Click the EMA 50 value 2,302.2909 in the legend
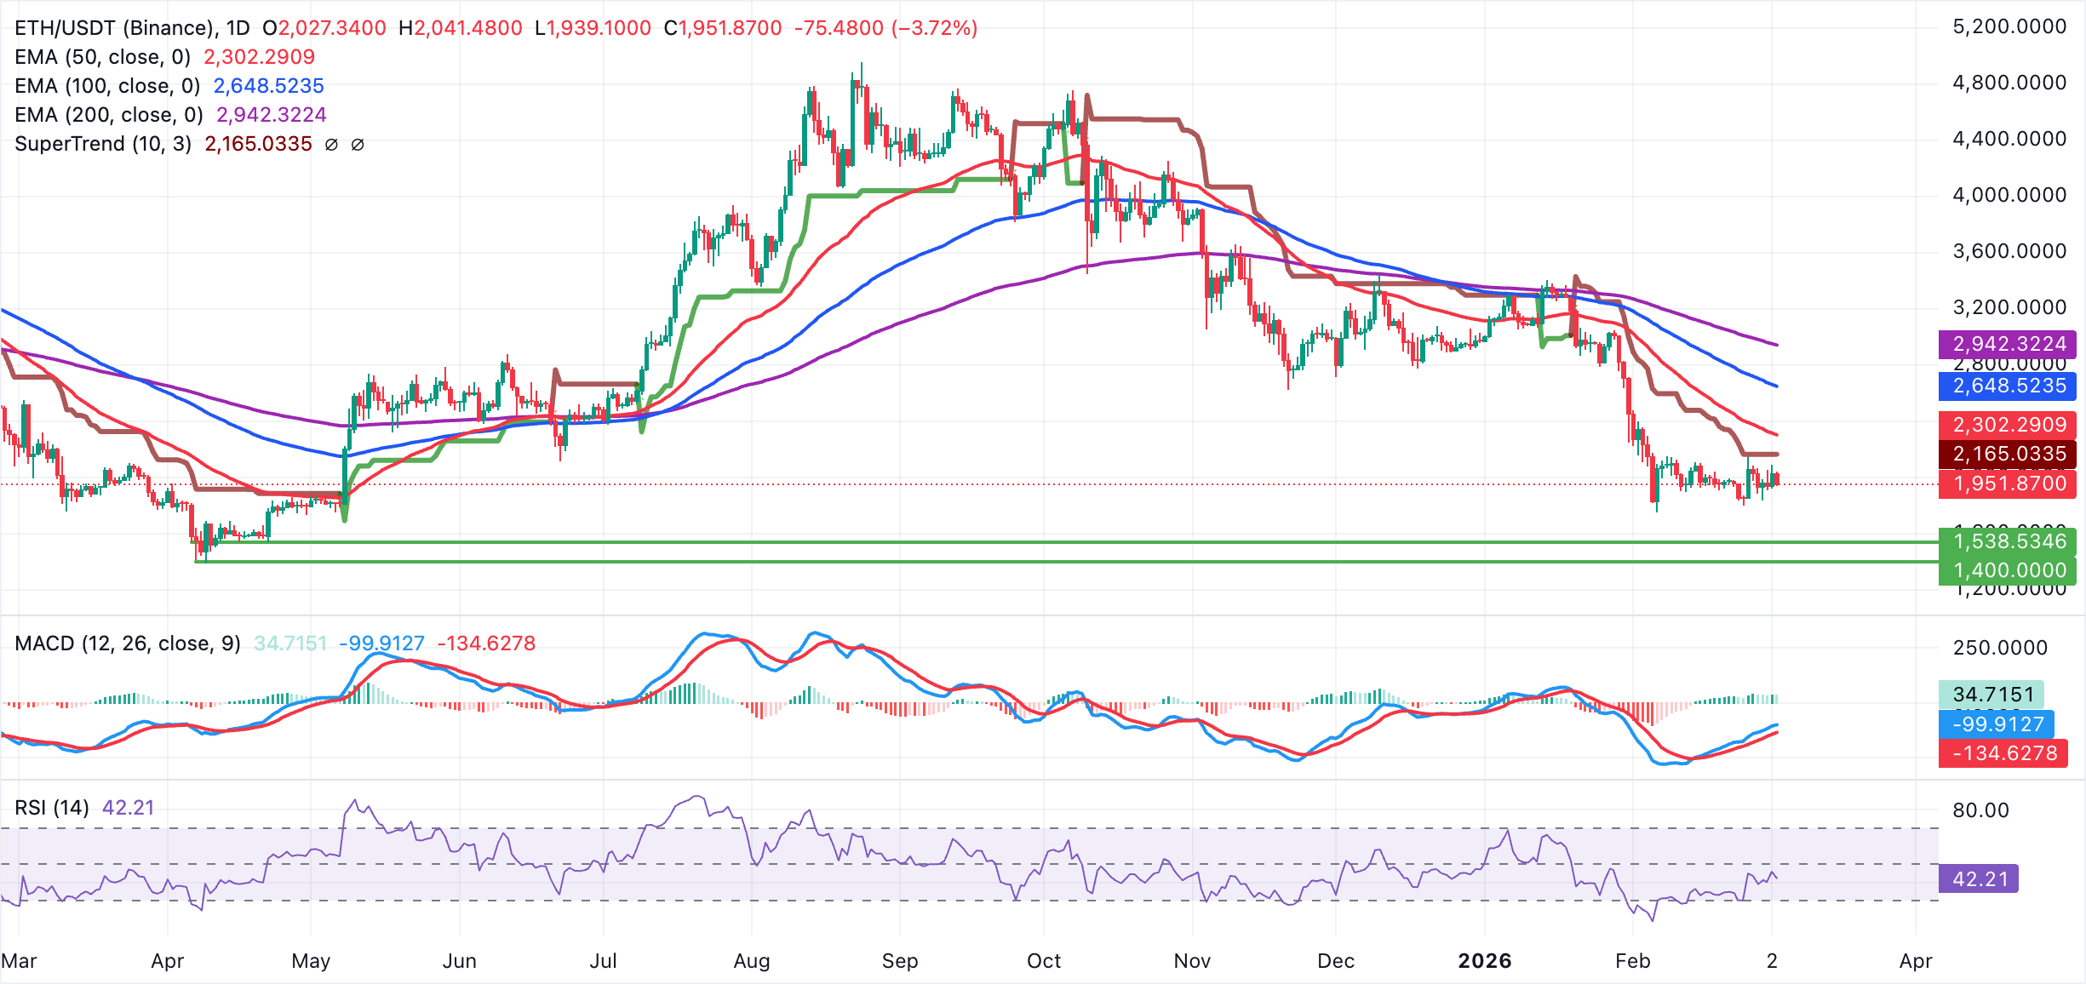(259, 57)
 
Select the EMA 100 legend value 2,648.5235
(268, 86)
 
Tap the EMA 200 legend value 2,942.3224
(271, 115)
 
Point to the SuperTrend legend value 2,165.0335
(258, 144)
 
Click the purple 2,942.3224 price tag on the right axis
(2008, 344)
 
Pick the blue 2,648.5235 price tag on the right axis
(2008, 386)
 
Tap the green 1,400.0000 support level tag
(2008, 570)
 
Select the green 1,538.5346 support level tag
(2008, 541)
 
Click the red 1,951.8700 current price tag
(2008, 483)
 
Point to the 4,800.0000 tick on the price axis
(2009, 83)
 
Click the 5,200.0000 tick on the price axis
(2009, 26)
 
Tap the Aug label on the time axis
(751, 961)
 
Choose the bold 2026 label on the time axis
(1484, 961)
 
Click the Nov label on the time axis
(1191, 961)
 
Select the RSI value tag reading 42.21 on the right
(1980, 878)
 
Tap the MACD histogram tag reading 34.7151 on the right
(1992, 695)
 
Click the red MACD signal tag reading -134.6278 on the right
(2003, 753)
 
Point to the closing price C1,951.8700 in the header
(723, 28)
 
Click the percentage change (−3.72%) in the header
(934, 28)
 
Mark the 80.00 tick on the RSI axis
(1980, 810)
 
